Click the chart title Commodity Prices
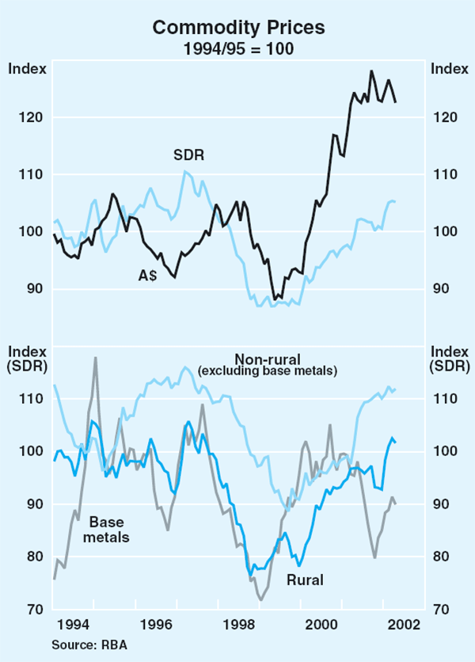click(238, 27)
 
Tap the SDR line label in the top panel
click(189, 155)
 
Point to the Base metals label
click(109, 529)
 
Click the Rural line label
click(304, 580)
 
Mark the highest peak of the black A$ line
click(371, 70)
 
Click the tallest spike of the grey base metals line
click(96, 357)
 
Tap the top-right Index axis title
click(448, 68)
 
